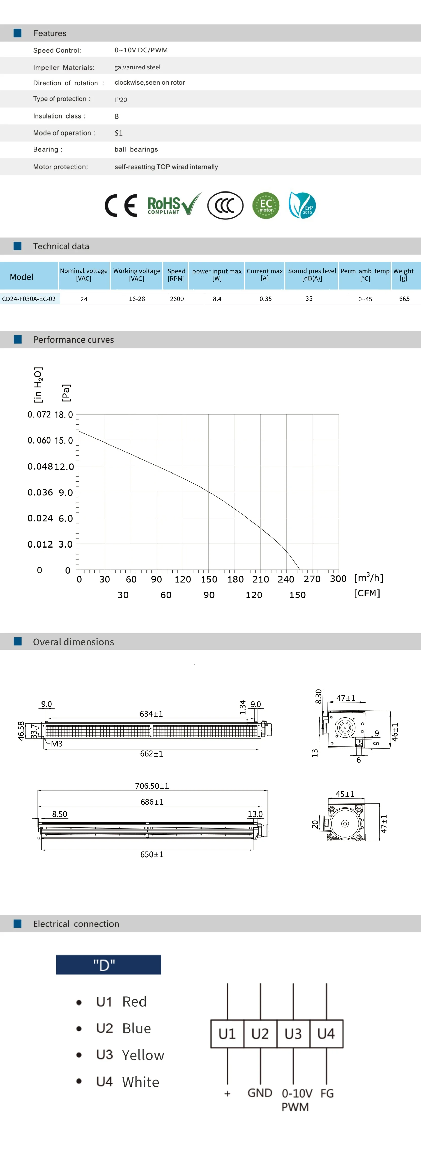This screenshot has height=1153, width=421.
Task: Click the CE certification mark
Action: coord(120,205)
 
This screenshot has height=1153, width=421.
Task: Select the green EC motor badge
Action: coord(266,205)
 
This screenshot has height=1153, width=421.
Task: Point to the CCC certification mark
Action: coord(225,205)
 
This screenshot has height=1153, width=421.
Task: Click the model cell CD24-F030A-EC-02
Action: coord(29,299)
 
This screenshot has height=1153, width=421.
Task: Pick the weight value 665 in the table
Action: coord(404,299)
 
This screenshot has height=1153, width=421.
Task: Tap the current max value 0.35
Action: coord(265,299)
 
